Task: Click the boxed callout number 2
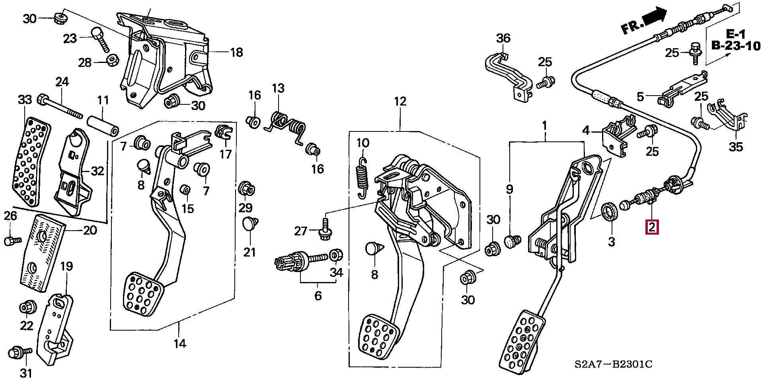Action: point(653,227)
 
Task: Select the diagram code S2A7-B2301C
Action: point(613,364)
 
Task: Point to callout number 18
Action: point(236,52)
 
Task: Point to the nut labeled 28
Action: point(111,60)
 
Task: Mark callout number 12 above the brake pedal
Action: point(400,102)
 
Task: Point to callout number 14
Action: point(180,343)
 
